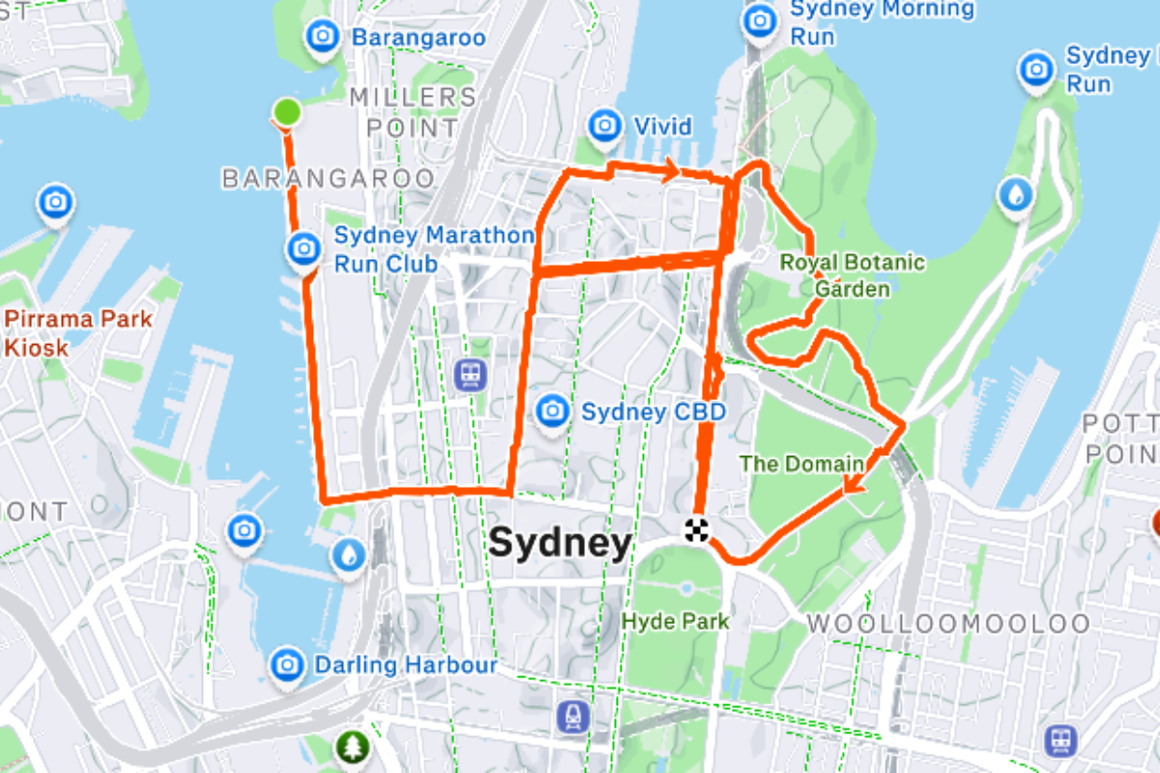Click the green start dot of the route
tap(286, 113)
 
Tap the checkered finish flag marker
tap(697, 530)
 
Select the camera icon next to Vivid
tap(605, 126)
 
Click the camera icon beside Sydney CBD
tap(552, 410)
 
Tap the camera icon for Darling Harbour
tap(286, 664)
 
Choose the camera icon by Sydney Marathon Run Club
tap(304, 248)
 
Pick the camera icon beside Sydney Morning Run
tap(760, 19)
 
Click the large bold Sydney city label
tap(560, 543)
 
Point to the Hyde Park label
tap(677, 620)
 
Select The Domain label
tap(800, 464)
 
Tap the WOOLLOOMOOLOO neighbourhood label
tap(948, 624)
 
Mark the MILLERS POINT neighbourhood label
tap(413, 112)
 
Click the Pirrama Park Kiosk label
tap(77, 332)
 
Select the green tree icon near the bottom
tap(353, 746)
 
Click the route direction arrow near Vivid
tap(667, 172)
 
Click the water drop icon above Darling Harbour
tap(348, 555)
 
